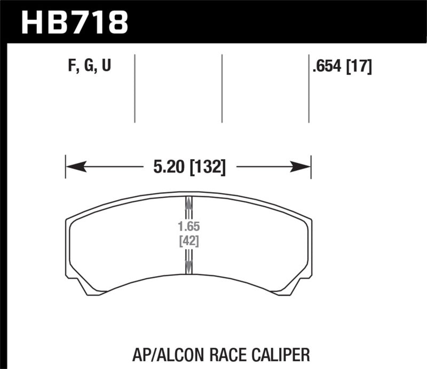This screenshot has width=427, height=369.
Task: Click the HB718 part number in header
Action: [x=74, y=22]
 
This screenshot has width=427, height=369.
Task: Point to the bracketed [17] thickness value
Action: [x=359, y=67]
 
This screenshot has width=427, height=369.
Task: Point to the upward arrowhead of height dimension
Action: [x=188, y=202]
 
